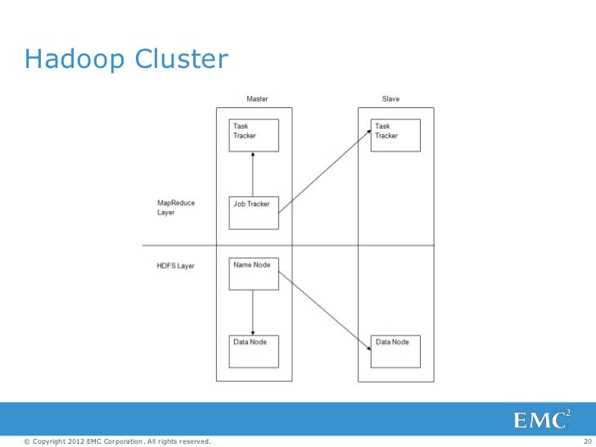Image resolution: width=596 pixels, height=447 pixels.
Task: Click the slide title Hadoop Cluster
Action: [x=126, y=59]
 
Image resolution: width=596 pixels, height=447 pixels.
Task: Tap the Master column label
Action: [x=257, y=99]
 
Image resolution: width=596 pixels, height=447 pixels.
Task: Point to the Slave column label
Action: [x=391, y=99]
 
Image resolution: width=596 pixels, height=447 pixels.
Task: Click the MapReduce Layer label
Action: [x=176, y=208]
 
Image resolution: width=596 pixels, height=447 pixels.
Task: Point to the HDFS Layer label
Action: [x=175, y=266]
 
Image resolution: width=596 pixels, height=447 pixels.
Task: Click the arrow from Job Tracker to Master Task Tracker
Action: [x=253, y=174]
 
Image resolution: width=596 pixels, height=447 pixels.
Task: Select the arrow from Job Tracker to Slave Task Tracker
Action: [x=324, y=171]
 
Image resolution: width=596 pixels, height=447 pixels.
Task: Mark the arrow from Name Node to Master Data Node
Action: [x=253, y=313]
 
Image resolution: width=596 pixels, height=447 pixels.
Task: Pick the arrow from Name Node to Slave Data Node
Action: [x=324, y=311]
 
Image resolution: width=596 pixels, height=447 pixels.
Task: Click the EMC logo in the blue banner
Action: [x=542, y=419]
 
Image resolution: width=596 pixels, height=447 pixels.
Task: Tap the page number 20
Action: [x=588, y=441]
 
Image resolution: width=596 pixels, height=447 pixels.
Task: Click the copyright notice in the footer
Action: [x=117, y=441]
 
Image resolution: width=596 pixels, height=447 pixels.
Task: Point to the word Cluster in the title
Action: [x=182, y=59]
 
